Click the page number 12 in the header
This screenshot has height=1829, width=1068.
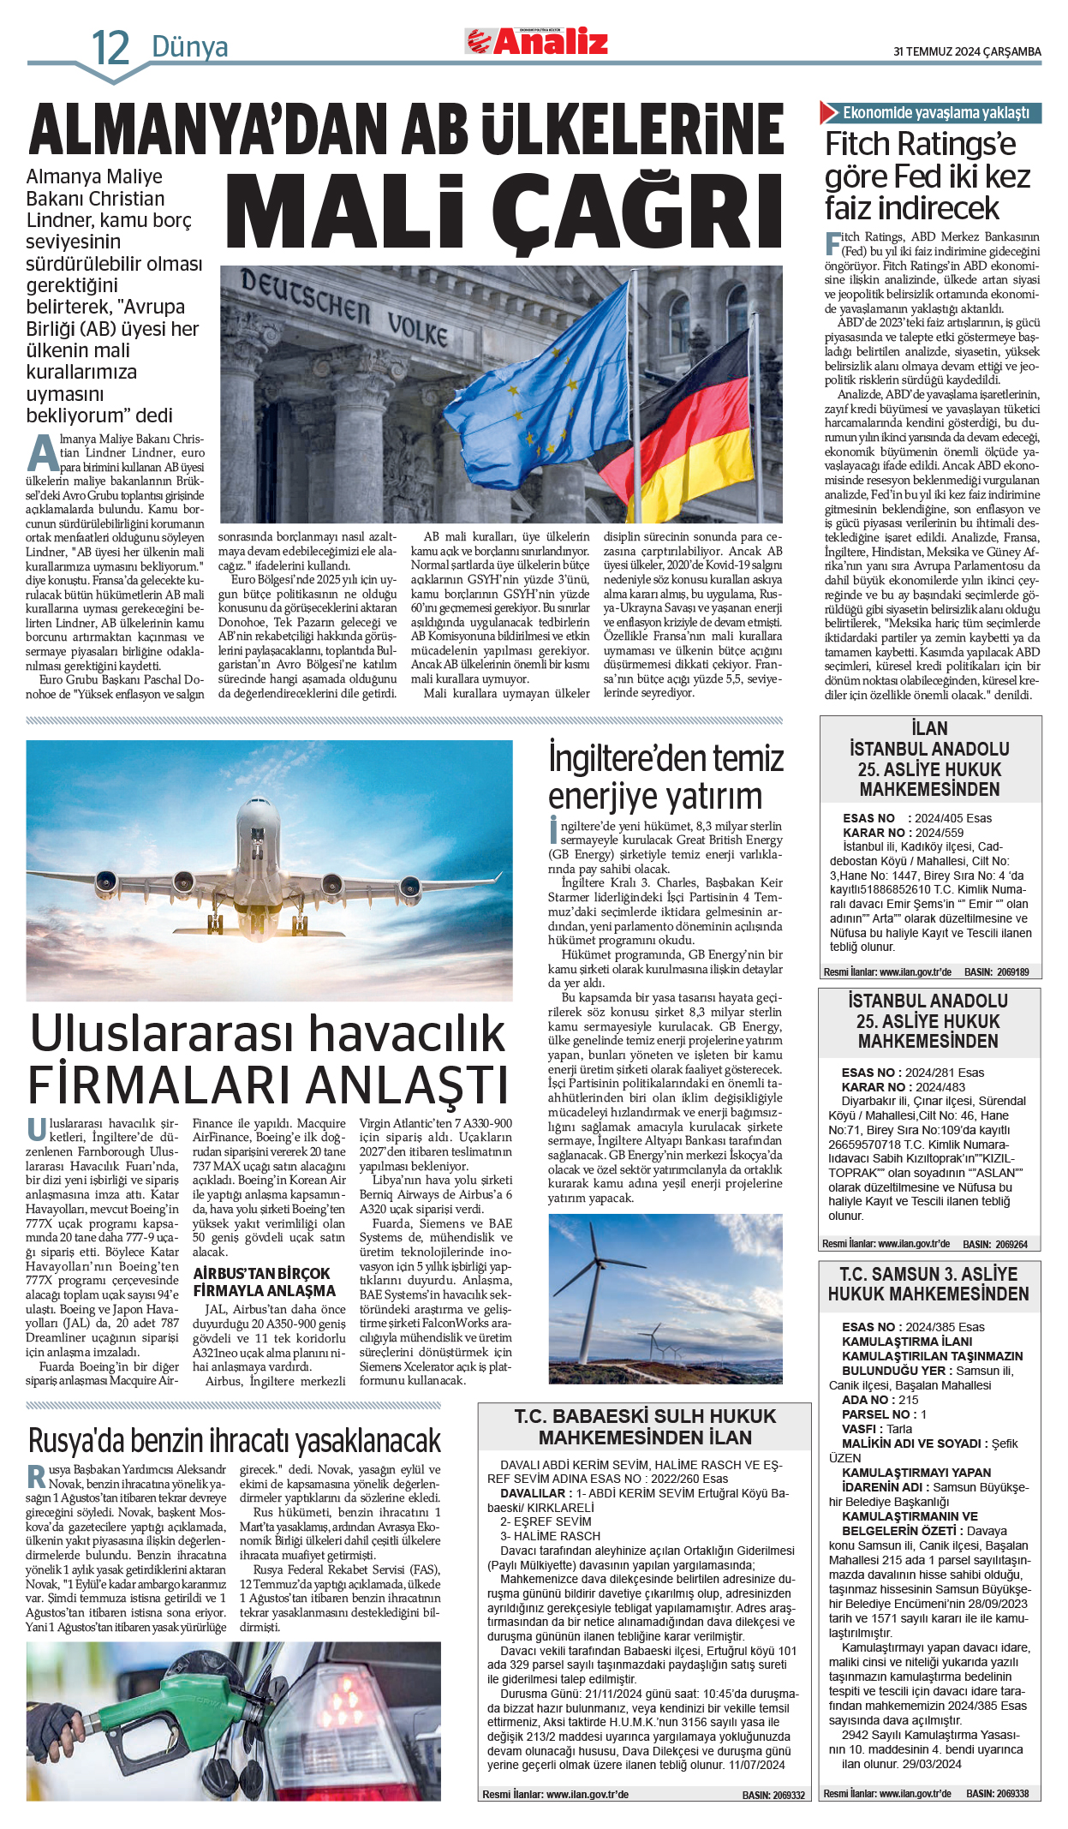[x=110, y=47]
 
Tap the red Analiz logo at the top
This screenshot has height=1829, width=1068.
[x=538, y=42]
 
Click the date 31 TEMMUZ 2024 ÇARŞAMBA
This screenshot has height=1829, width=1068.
[x=967, y=51]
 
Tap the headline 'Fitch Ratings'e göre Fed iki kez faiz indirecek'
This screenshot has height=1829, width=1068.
[x=928, y=176]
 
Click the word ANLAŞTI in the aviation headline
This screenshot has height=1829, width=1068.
[x=407, y=1085]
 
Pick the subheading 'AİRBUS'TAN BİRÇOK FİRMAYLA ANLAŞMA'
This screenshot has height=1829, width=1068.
[x=264, y=1282]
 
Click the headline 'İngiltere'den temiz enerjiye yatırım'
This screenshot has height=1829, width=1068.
[x=665, y=777]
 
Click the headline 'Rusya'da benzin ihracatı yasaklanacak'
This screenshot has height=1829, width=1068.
[x=234, y=1441]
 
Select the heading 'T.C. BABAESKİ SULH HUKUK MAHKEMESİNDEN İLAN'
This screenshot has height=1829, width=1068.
[x=645, y=1427]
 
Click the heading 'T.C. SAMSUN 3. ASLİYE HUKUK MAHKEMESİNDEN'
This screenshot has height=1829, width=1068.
[x=928, y=1284]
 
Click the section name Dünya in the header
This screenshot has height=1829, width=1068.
[x=190, y=47]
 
